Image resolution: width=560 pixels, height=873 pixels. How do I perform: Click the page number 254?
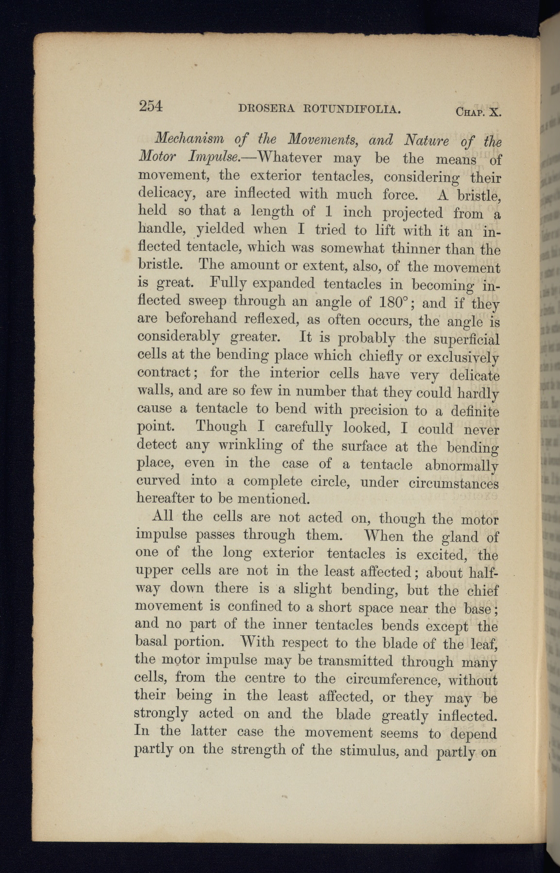[150, 106]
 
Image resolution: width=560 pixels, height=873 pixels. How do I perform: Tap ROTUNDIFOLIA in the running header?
[351, 110]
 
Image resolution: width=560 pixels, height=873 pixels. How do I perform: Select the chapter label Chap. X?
[478, 113]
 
